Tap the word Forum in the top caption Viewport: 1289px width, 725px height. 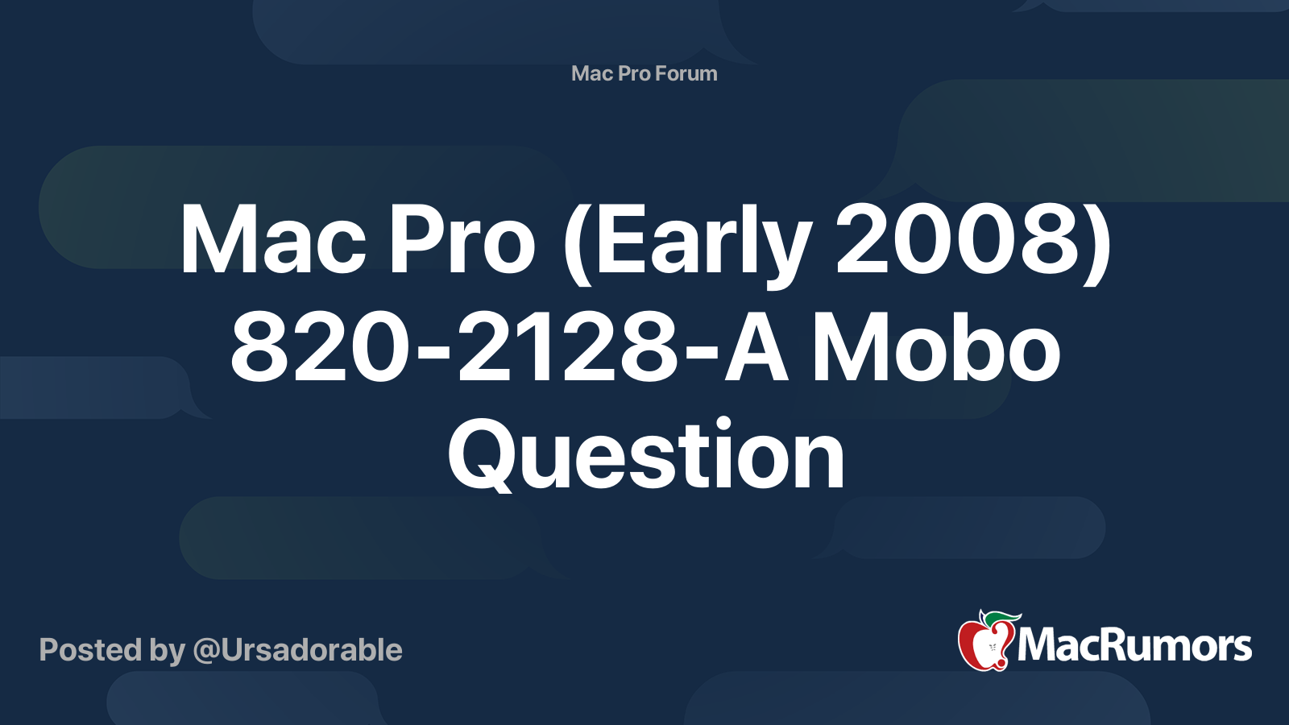point(686,73)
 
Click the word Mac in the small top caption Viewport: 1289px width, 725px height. point(592,73)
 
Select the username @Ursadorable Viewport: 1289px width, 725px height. point(297,650)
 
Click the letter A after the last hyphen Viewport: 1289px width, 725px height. point(756,350)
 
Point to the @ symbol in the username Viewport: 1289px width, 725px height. point(206,651)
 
